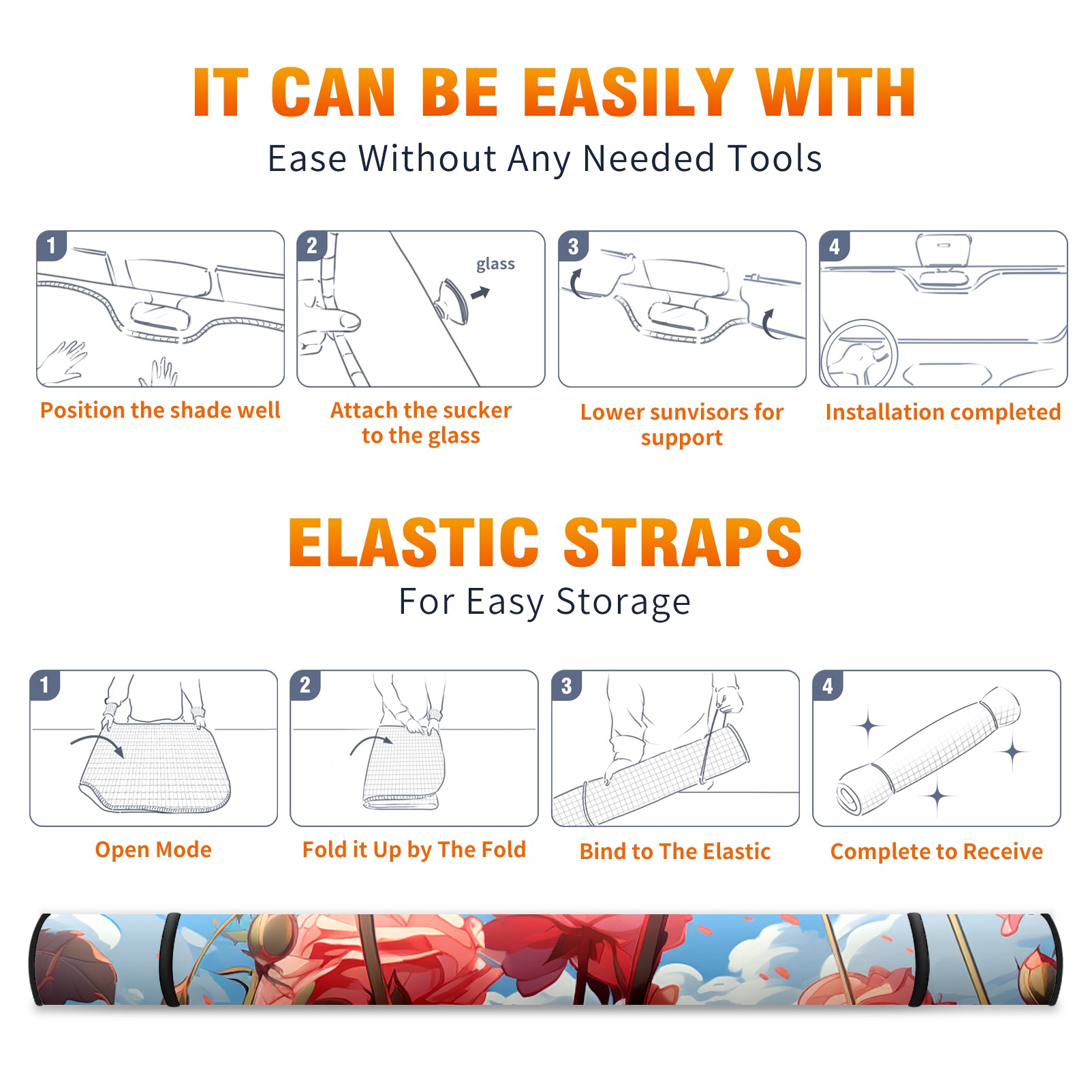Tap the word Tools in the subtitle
[x=775, y=158]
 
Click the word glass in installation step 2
[x=495, y=264]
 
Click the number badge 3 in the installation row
[x=573, y=247]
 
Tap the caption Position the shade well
[x=160, y=410]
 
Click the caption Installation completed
[x=943, y=411]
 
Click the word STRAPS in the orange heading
[x=683, y=542]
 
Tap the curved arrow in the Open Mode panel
[x=97, y=743]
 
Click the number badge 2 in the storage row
[x=305, y=685]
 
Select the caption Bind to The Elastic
[x=675, y=851]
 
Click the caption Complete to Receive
[x=937, y=852]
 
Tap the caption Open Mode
[x=153, y=850]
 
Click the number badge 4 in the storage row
[x=827, y=685]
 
